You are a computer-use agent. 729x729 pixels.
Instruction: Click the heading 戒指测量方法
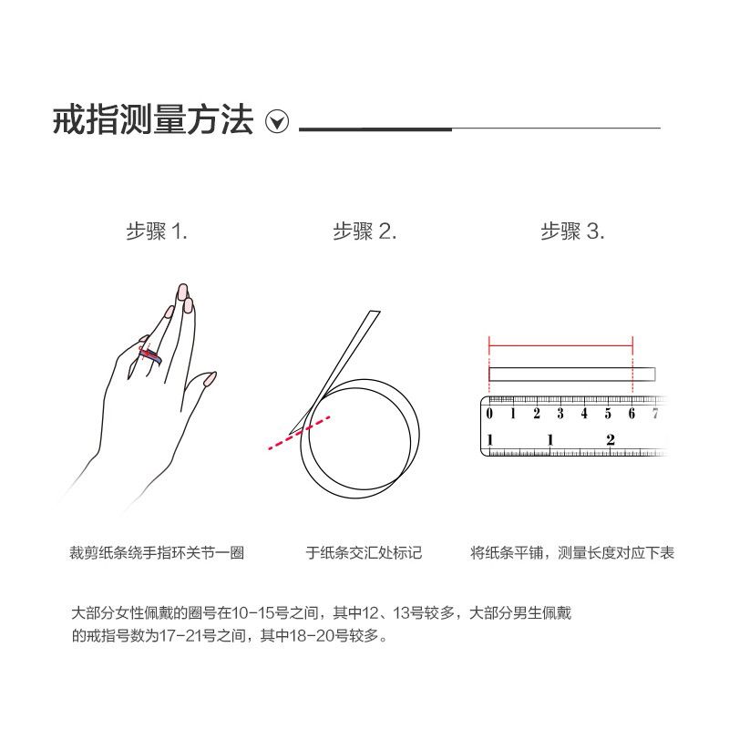click(x=153, y=120)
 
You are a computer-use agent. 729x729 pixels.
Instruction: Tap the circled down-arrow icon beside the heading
click(x=277, y=122)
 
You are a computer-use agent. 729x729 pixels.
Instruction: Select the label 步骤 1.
click(x=157, y=231)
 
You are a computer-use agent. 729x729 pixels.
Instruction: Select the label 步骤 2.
click(x=364, y=231)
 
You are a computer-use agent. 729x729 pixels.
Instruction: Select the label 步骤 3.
click(x=572, y=231)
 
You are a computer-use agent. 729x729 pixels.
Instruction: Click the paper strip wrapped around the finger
click(x=150, y=355)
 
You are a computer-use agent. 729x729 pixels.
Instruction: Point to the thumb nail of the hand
click(x=210, y=379)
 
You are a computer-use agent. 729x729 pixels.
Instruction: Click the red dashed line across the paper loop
click(x=300, y=433)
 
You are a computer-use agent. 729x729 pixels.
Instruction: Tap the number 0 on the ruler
click(x=489, y=414)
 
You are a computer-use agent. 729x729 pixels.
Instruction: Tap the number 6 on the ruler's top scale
click(x=631, y=414)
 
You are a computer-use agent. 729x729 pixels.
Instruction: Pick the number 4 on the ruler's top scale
click(x=584, y=414)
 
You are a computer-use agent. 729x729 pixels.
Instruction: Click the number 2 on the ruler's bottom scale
click(x=611, y=440)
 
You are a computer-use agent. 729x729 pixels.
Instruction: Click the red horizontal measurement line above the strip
click(x=560, y=345)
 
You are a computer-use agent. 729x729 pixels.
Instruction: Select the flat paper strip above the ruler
click(x=572, y=375)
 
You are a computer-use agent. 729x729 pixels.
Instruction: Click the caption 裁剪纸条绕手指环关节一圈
click(x=157, y=553)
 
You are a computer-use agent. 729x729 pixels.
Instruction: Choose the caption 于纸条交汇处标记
click(x=364, y=553)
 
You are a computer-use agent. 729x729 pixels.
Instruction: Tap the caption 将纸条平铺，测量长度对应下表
click(x=572, y=553)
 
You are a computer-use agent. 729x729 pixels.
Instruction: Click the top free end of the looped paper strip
click(x=375, y=312)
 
